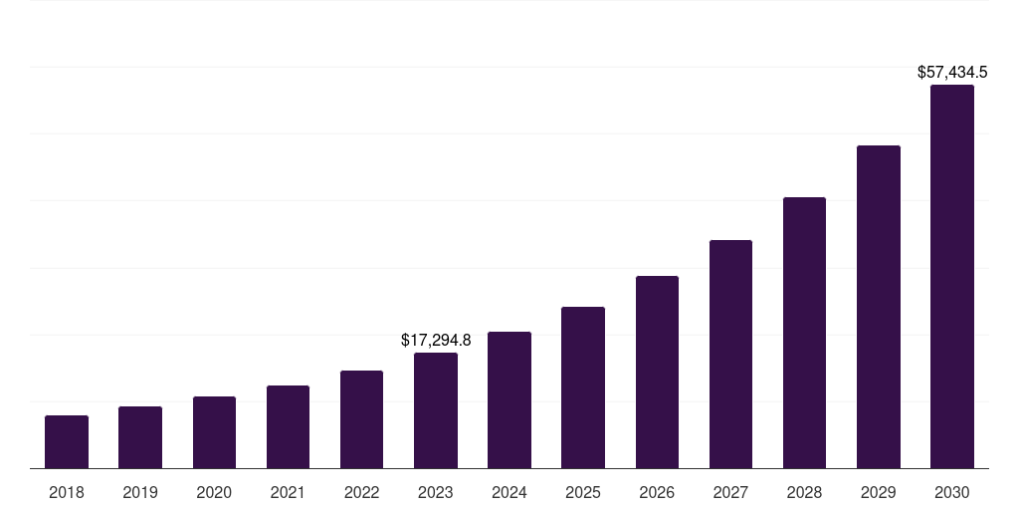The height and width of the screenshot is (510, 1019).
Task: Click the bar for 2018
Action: [x=67, y=442]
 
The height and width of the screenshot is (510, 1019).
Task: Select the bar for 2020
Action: [x=214, y=432]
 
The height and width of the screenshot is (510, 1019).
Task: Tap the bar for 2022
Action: [x=361, y=419]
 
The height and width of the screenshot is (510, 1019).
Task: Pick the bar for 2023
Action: [x=436, y=410]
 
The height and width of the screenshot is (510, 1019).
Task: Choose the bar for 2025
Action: [x=583, y=387]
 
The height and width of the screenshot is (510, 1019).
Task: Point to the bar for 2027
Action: [x=730, y=354]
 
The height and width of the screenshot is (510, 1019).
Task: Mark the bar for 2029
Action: [x=879, y=307]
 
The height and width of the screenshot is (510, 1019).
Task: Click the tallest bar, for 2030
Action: [x=952, y=277]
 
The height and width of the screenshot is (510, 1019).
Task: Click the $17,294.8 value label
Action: [x=436, y=340]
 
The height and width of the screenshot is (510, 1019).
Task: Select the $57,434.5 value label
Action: [x=952, y=72]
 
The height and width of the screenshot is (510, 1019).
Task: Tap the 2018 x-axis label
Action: [x=67, y=492]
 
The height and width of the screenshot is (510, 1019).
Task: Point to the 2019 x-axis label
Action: [x=140, y=492]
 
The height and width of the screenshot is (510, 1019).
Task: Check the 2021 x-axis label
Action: [x=288, y=492]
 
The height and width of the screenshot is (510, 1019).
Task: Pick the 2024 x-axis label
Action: [x=509, y=492]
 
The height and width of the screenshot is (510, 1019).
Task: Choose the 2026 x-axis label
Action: [x=657, y=492]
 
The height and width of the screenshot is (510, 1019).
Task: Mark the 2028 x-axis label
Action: [x=804, y=492]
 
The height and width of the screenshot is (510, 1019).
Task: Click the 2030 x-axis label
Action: [x=952, y=492]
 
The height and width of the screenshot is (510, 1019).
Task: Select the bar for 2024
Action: [x=509, y=400]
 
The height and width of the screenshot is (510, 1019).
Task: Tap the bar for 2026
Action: [x=657, y=372]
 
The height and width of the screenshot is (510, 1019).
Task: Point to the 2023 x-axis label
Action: [x=436, y=492]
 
